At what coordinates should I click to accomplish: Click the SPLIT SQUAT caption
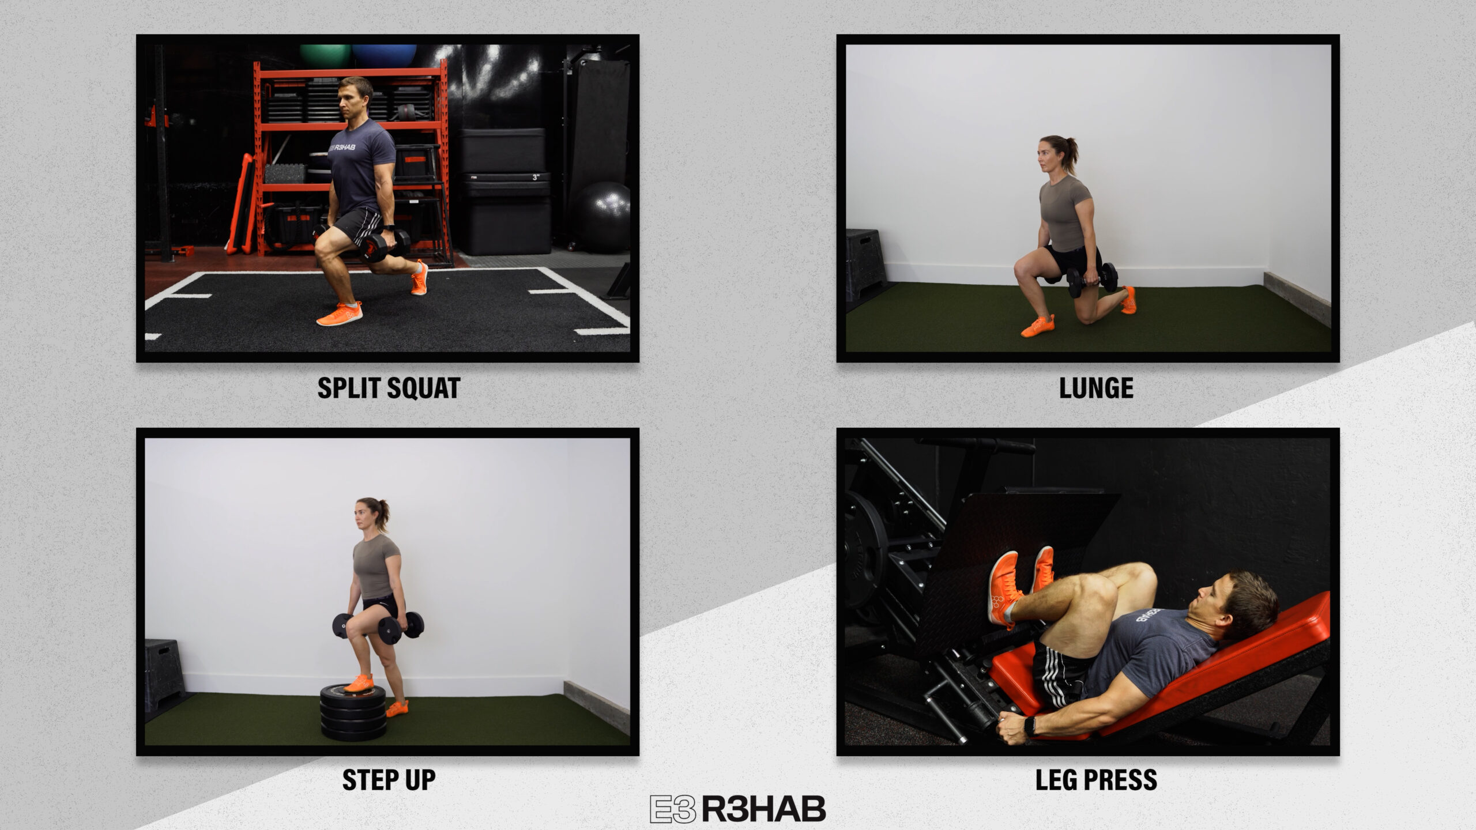pyautogui.click(x=389, y=388)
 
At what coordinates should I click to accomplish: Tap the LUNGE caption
pyautogui.click(x=1096, y=388)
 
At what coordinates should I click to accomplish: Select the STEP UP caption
pyautogui.click(x=389, y=780)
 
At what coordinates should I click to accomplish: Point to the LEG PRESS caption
pyautogui.click(x=1096, y=780)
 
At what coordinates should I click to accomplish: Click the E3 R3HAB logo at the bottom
pyautogui.click(x=737, y=809)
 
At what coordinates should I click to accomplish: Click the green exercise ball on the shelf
pyautogui.click(x=325, y=55)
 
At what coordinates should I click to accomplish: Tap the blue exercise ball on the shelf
pyautogui.click(x=384, y=55)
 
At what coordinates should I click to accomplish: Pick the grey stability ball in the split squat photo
pyautogui.click(x=601, y=217)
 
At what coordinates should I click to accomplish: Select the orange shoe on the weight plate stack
pyautogui.click(x=359, y=683)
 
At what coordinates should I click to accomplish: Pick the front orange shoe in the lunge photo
pyautogui.click(x=1038, y=326)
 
